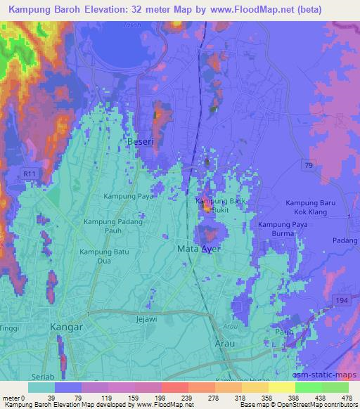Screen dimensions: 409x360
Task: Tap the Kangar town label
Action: pos(67,327)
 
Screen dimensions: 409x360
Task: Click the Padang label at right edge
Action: pos(347,240)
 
